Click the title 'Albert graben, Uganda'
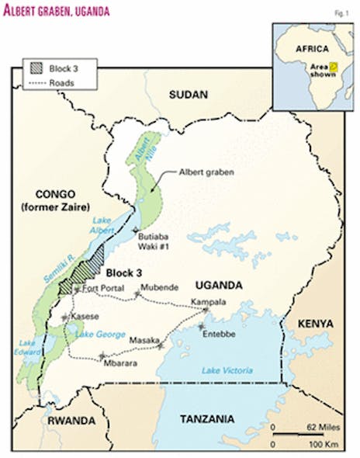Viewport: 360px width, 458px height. click(x=57, y=12)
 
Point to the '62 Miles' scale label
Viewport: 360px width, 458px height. click(x=322, y=428)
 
